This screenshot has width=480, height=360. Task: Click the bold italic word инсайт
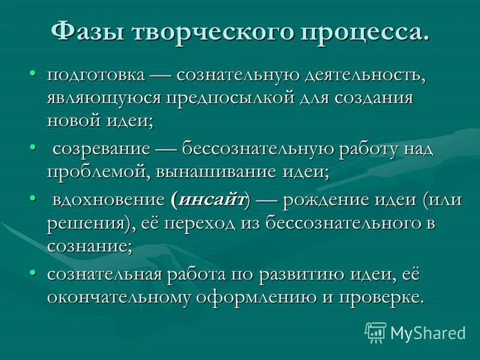pos(210,200)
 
